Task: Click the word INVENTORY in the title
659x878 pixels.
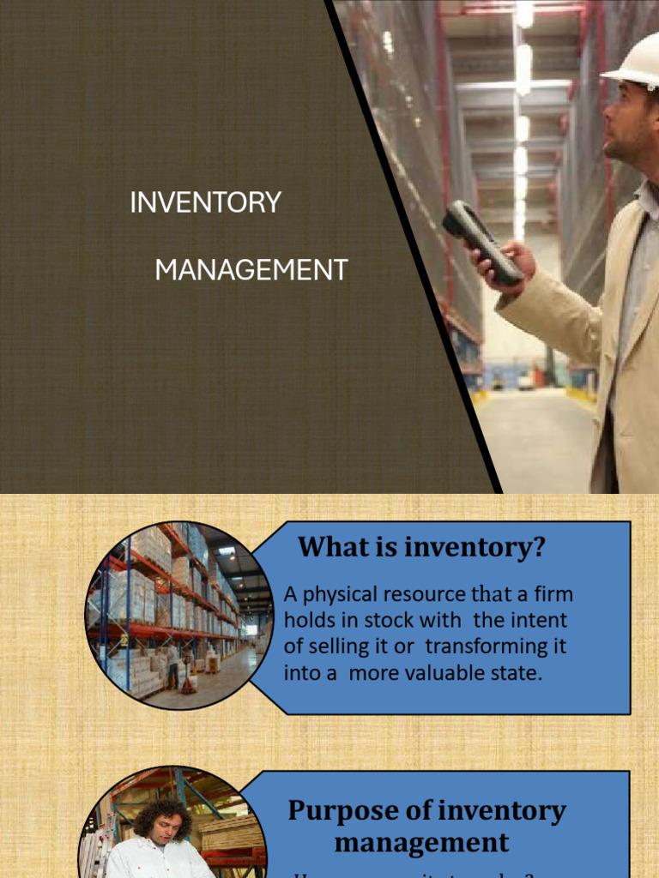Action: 205,202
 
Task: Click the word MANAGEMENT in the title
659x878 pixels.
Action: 251,270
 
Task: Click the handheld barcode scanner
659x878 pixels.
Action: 481,242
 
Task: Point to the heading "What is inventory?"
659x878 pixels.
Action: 421,547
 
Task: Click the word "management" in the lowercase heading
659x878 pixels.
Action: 421,841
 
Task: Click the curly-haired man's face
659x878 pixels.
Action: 166,828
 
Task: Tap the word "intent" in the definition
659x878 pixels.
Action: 541,620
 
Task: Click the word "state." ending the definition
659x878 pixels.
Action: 517,672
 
